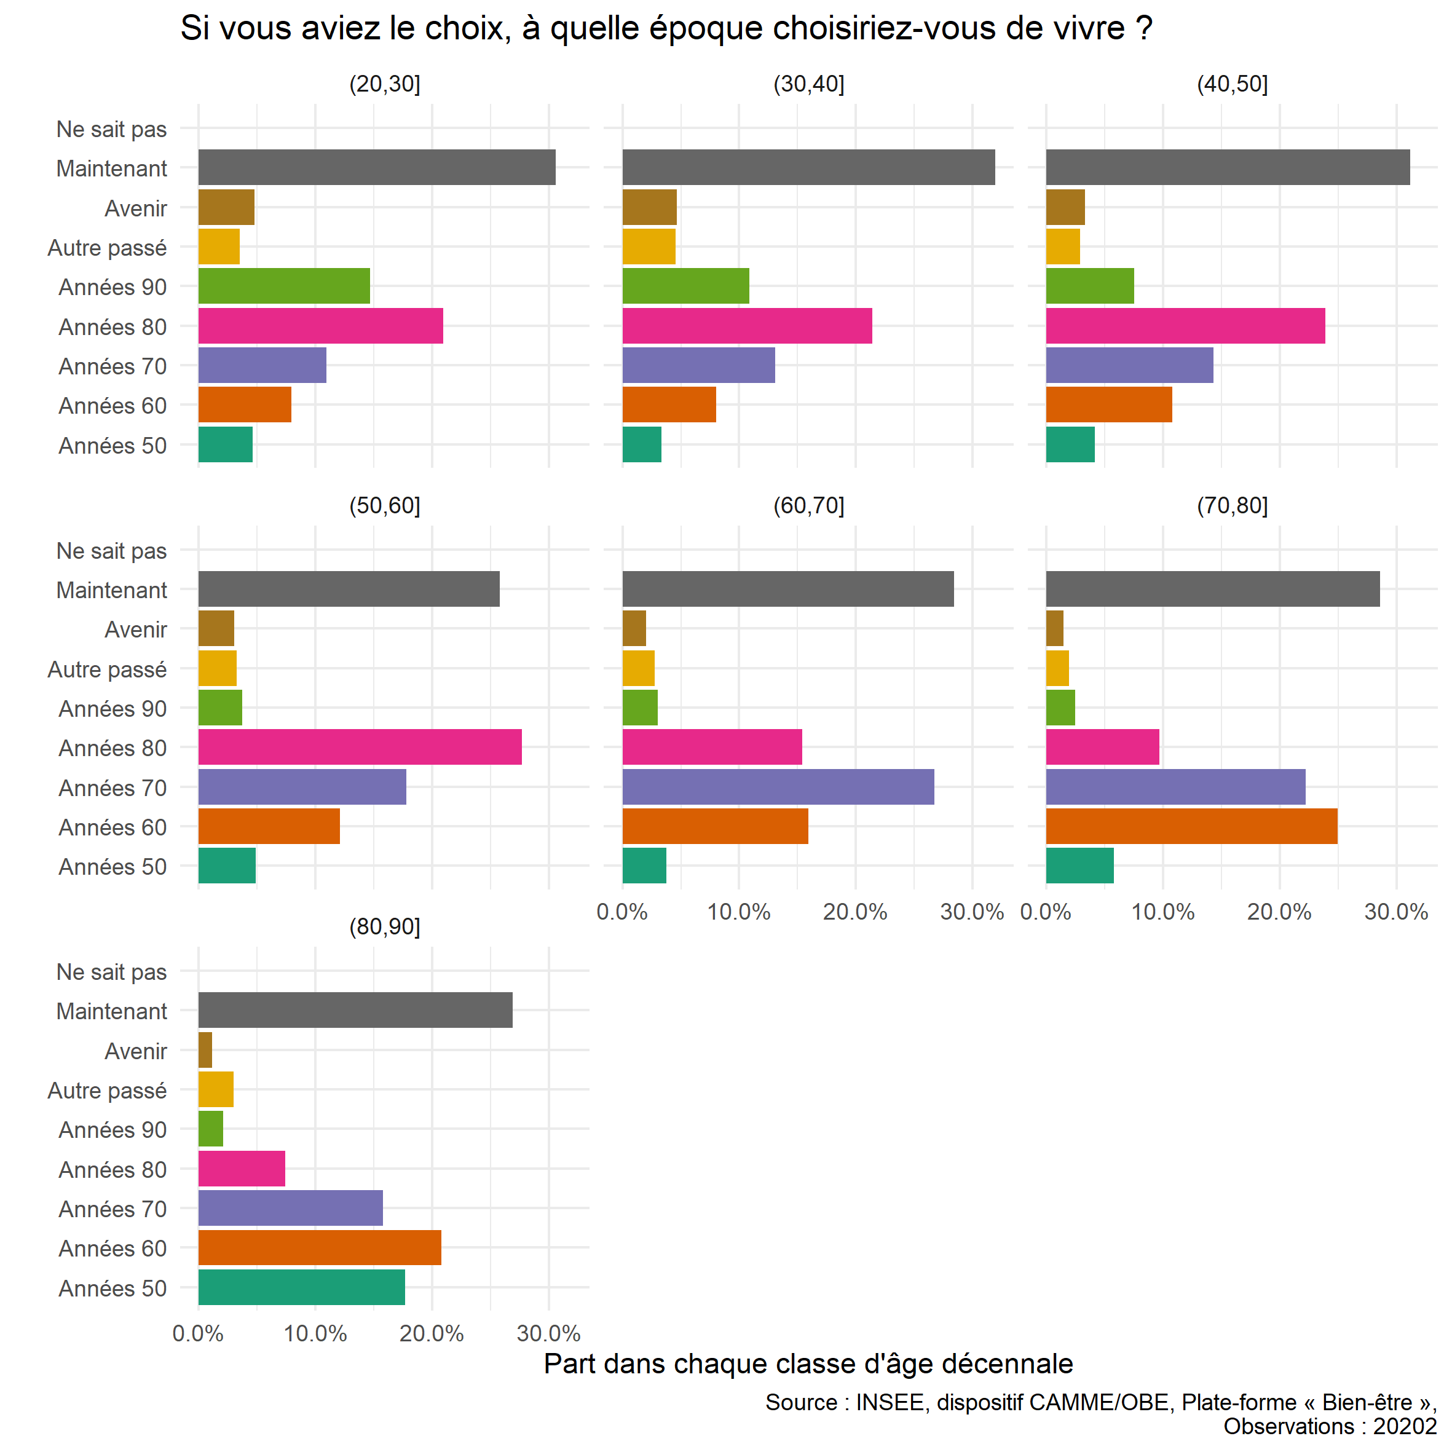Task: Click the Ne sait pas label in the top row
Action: pos(111,129)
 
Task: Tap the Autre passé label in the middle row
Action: pos(107,669)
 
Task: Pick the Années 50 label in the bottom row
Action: pos(112,1288)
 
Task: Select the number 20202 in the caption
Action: pos(1405,1426)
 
